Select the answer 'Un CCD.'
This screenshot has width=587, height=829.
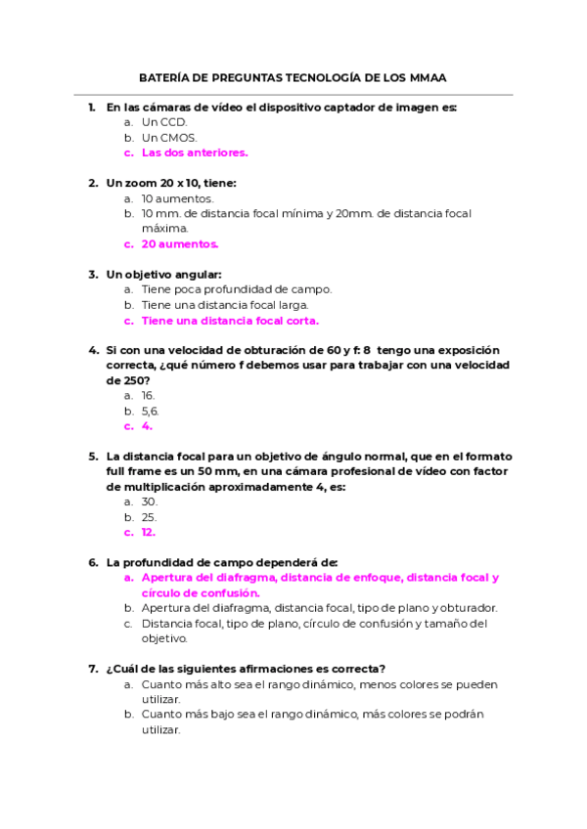[x=163, y=122]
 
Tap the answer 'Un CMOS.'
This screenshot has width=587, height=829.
[x=169, y=138]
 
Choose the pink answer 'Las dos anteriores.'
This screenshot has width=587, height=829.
[x=195, y=153]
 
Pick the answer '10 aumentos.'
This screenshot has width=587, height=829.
[x=177, y=198]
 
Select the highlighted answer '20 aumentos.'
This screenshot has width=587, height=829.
[x=180, y=244]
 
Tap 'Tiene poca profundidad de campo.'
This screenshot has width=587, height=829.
[x=237, y=289]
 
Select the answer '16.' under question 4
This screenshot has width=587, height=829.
[x=149, y=396]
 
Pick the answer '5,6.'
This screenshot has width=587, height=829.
[x=150, y=412]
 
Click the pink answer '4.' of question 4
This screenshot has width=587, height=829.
[x=147, y=426]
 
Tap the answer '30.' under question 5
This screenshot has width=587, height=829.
[x=149, y=502]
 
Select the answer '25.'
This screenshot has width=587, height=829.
[x=149, y=517]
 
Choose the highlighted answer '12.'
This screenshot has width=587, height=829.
[x=149, y=533]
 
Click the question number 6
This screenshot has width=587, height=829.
[x=92, y=562]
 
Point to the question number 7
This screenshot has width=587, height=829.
[x=92, y=669]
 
